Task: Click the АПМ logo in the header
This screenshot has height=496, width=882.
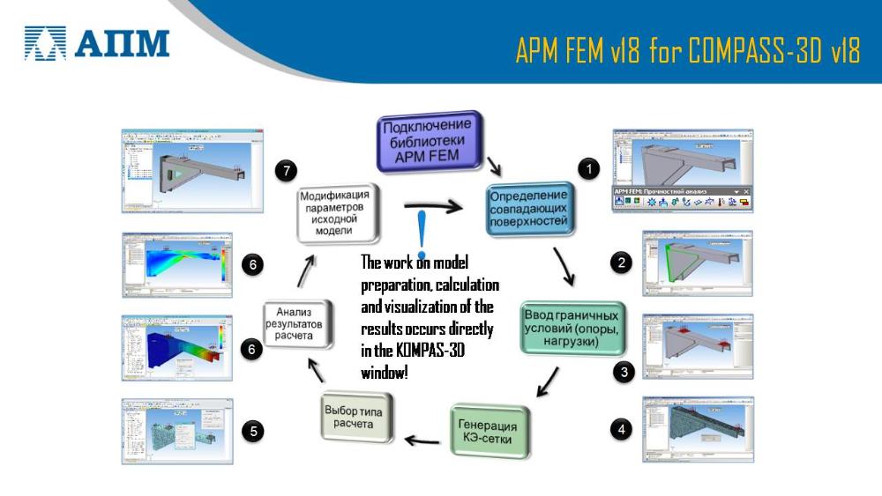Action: (97, 41)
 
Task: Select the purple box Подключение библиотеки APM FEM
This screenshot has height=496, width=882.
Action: (430, 141)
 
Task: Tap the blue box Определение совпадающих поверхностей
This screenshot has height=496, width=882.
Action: (530, 208)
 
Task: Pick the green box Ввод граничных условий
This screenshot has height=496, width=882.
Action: (572, 327)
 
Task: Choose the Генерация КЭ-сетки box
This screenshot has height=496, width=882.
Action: (492, 431)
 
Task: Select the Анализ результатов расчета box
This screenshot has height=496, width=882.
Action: (299, 323)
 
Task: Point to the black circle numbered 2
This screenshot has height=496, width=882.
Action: (623, 262)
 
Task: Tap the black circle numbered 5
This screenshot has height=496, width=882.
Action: (254, 431)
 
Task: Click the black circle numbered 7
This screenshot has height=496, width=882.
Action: (282, 169)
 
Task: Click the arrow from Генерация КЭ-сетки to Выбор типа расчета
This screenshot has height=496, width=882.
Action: (422, 440)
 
